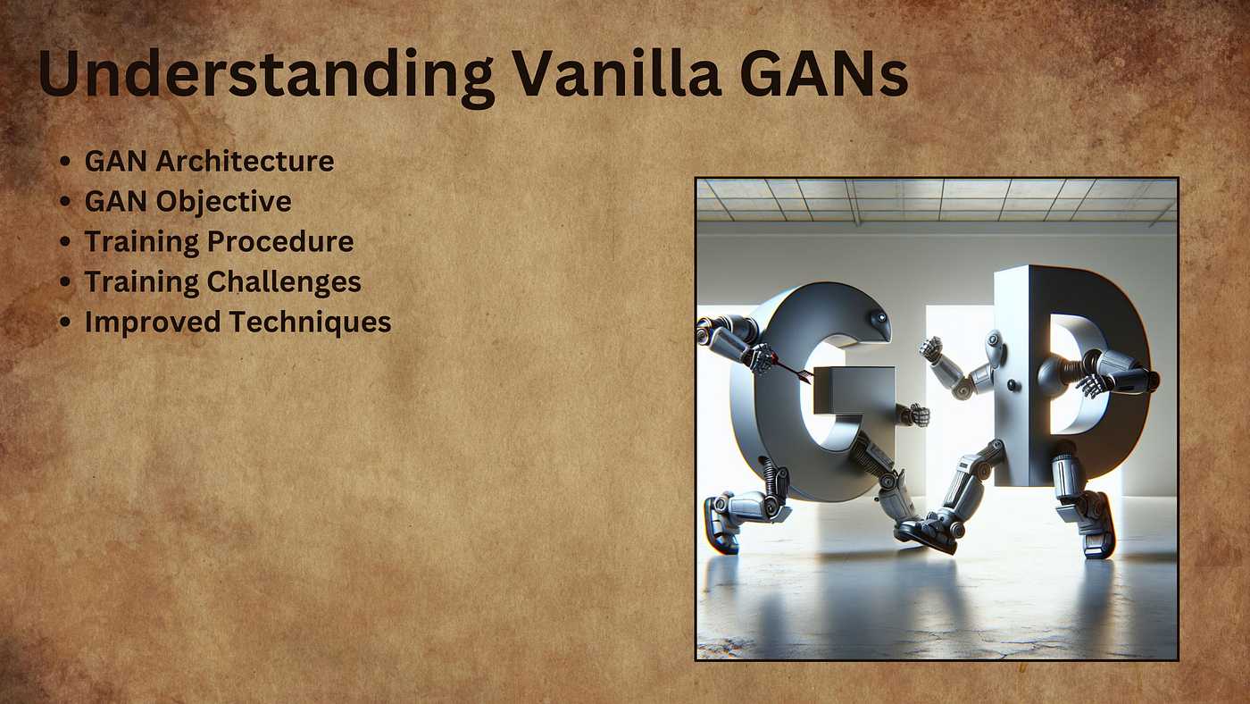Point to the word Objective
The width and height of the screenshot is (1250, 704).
pos(223,202)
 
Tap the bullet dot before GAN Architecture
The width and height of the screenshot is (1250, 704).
pos(65,163)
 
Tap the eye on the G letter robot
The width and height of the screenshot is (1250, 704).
pos(881,317)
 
